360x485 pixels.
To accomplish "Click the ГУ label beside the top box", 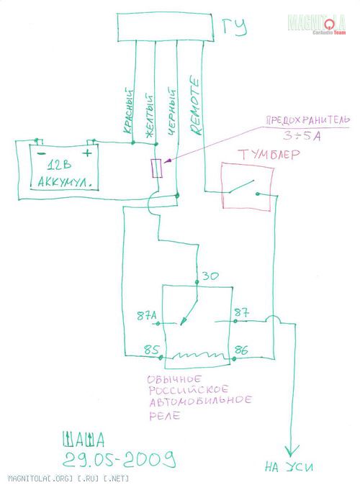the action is [x=235, y=27].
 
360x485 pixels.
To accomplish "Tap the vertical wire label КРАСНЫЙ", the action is [x=129, y=111].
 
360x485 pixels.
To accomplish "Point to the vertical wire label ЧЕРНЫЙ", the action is [x=171, y=112].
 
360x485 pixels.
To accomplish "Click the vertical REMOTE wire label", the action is [x=195, y=106].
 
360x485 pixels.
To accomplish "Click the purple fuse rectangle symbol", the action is [x=157, y=168].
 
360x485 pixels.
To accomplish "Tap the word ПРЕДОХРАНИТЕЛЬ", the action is [x=308, y=120].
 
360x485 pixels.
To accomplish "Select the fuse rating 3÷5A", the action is [x=302, y=136].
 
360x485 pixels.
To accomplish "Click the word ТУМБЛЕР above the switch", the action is [x=269, y=154].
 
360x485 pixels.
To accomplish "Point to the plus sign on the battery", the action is [x=88, y=153].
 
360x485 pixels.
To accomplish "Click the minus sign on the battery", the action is [x=40, y=153].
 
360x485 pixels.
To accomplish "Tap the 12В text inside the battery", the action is [x=59, y=166].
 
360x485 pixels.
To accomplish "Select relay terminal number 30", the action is [x=210, y=276].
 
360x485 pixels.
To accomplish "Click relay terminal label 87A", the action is [x=146, y=316].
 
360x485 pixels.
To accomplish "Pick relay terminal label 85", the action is [x=151, y=350].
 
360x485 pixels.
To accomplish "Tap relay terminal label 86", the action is [x=241, y=350].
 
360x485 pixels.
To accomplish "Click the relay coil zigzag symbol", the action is [x=198, y=355].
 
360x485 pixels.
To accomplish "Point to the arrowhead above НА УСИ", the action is [x=289, y=451].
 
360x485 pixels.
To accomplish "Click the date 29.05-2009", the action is [x=120, y=459].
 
